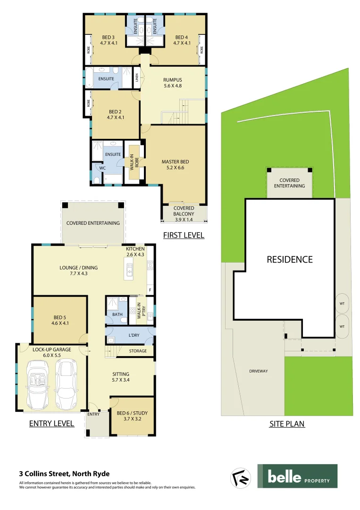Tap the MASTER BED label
pos(175,162)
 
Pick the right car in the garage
pos(66,384)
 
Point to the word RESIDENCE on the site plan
pos(290,259)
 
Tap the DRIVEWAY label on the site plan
pos(258,371)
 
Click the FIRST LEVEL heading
pos(184,235)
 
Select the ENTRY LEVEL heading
pos(51,424)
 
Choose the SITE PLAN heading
pos(287,424)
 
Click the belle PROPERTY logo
pos(297,476)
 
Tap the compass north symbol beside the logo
pos(240,477)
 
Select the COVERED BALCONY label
pos(184,211)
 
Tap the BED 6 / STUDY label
pos(132,416)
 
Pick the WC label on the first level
pos(102,168)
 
